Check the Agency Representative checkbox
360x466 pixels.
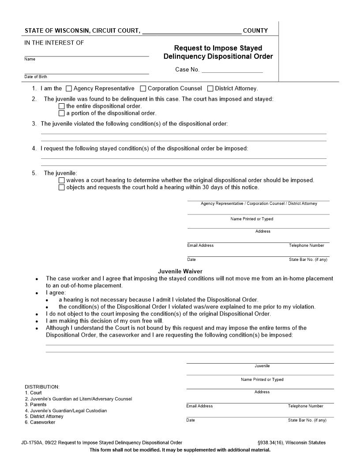tap(68, 89)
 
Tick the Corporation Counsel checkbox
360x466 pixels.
tap(143, 89)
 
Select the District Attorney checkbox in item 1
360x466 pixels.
tap(210, 89)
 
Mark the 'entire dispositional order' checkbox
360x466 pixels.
tap(61, 106)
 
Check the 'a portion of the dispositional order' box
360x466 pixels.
tap(61, 113)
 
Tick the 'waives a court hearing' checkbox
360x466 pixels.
tap(61, 180)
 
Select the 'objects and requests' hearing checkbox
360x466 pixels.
tap(61, 188)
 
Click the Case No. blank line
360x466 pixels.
tap(232, 70)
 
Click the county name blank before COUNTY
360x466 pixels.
tap(192, 31)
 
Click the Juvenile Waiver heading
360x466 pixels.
tap(180, 271)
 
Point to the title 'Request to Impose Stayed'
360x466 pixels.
tap(218, 48)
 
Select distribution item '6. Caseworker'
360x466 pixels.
tap(40, 422)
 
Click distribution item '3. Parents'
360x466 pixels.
tap(36, 405)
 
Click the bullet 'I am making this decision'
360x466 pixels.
tap(105, 321)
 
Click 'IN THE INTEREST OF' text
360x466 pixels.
tap(54, 43)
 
